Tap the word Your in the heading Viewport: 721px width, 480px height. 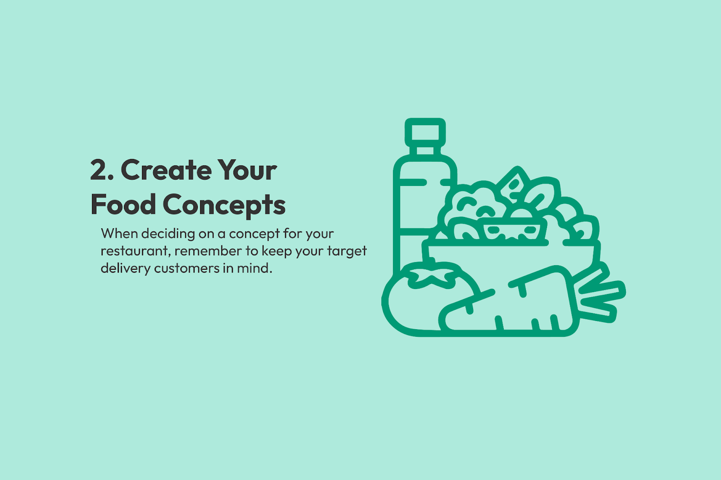[247, 170]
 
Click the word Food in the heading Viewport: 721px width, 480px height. [123, 204]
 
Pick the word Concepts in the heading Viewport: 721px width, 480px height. [224, 206]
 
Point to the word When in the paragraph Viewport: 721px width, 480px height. [119, 234]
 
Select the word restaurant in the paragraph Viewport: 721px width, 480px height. [136, 251]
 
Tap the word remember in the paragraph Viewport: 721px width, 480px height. [208, 251]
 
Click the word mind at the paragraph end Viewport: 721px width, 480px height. [255, 268]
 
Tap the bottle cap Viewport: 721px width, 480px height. [425, 132]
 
